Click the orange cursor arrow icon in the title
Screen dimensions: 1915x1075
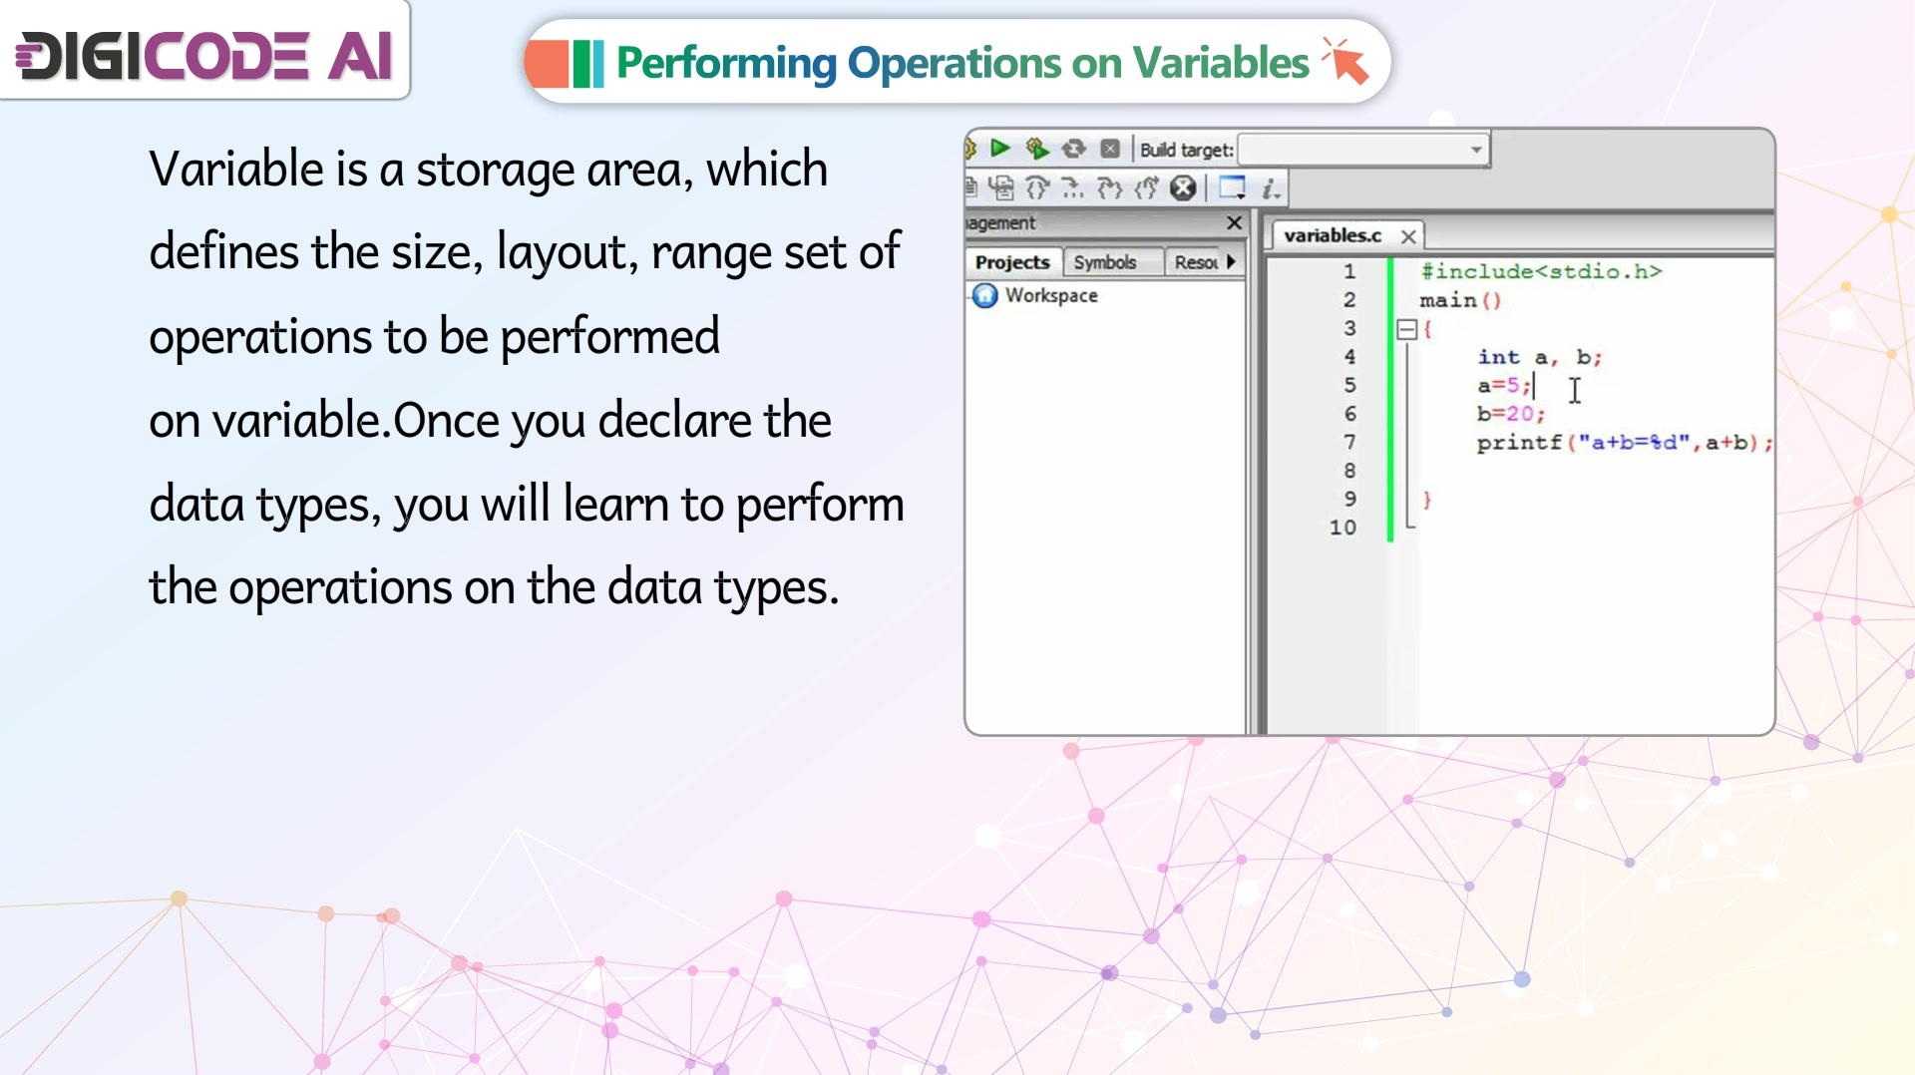1345,61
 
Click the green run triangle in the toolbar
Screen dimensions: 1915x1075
999,149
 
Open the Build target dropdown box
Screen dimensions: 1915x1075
1363,150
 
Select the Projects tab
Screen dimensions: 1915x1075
1012,262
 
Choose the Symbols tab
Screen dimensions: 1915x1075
1105,262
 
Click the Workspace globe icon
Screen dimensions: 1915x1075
985,295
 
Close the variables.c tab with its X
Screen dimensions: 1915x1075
1408,236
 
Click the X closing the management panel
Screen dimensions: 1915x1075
1234,222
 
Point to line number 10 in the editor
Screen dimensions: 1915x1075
1342,528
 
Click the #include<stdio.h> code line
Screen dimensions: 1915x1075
1541,271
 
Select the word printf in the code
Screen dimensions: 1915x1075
1519,443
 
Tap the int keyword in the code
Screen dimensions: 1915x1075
1498,357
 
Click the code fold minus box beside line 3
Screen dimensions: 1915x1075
1407,329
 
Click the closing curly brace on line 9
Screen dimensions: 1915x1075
1426,500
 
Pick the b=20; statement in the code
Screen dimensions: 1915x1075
1511,414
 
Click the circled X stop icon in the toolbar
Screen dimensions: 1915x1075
1183,187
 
